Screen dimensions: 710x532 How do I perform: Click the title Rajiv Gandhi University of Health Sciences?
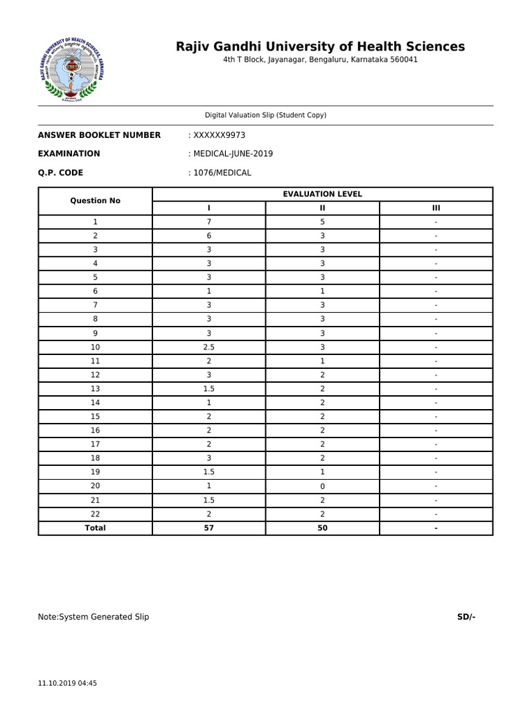point(320,46)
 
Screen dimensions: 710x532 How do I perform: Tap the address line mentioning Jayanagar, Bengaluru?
point(320,60)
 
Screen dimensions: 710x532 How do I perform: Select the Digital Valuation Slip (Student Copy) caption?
point(265,115)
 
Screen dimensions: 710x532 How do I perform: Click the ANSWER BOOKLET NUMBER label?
point(99,135)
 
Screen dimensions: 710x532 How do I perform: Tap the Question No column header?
point(95,201)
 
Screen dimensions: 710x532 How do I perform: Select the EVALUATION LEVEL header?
point(322,194)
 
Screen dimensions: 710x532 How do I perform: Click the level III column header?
point(436,208)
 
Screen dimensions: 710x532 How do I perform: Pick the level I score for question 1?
point(209,222)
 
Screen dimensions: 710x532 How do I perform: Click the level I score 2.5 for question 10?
point(209,347)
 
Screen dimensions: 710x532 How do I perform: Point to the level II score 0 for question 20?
point(322,486)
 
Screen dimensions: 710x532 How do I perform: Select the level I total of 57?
point(209,528)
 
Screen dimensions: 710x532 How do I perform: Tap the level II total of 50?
point(322,528)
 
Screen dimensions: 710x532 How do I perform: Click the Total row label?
point(95,528)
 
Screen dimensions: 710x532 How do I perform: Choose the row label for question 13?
point(95,388)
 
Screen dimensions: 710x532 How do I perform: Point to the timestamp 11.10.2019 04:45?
point(67,683)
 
